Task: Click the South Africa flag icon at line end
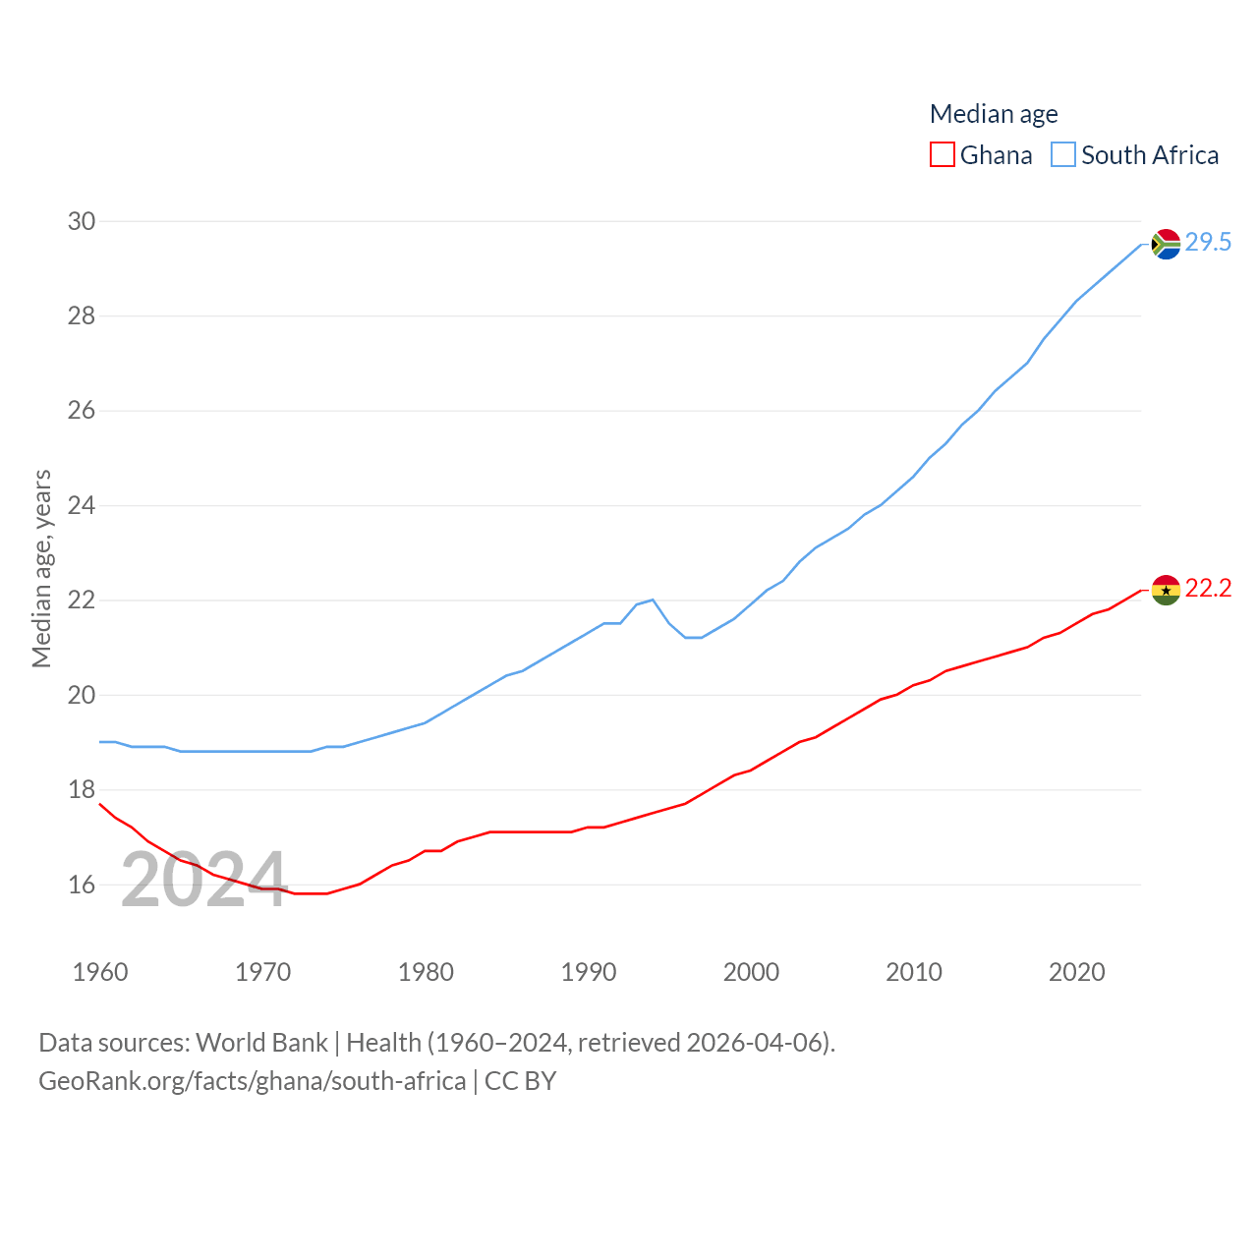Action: tap(1166, 244)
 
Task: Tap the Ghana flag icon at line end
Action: tap(1166, 590)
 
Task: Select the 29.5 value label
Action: tap(1208, 242)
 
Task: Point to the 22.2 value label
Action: tap(1208, 588)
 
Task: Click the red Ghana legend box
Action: tap(942, 155)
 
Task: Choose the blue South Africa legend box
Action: tap(1063, 155)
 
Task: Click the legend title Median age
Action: tap(994, 114)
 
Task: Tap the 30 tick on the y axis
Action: tap(82, 221)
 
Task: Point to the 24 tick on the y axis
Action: tap(82, 505)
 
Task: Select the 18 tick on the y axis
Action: tap(82, 789)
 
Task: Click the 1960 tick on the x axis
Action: tap(100, 972)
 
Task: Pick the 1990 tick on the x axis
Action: tap(589, 972)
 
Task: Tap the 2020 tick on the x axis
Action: tap(1077, 972)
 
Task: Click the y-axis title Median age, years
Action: tap(41, 569)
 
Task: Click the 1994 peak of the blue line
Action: tap(653, 600)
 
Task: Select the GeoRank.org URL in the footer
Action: tap(252, 1081)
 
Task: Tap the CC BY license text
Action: tap(520, 1081)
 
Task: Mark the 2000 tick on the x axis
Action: tap(751, 972)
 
